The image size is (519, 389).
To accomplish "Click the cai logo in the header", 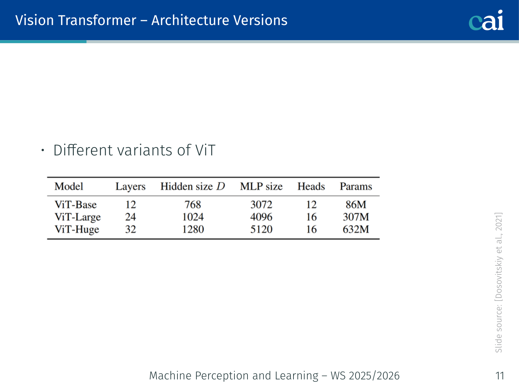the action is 486,20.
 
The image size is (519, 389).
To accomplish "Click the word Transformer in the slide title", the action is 97,20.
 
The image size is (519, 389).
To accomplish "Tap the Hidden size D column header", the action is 193,186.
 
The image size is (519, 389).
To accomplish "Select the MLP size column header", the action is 261,186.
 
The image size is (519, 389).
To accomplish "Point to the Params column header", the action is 356,186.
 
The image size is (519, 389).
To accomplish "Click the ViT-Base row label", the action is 76,204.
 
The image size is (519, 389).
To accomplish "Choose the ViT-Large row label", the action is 78,217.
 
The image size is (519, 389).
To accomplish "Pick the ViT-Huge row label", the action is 77,229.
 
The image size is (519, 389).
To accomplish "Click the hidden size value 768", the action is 193,204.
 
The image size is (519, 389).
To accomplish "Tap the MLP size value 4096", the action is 261,217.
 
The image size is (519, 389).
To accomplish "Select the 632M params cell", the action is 356,229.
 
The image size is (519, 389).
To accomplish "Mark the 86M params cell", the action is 356,204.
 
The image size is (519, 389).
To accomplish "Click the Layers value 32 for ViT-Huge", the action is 130,229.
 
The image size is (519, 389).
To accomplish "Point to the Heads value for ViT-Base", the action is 311,204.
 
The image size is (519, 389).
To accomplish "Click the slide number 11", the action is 500,376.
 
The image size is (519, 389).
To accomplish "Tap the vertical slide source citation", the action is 498,282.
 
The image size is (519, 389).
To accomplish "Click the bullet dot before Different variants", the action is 43,150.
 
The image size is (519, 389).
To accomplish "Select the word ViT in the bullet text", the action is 205,150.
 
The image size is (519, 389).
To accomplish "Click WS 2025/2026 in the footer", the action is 365,376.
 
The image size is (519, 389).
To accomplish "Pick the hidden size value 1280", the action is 193,229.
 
